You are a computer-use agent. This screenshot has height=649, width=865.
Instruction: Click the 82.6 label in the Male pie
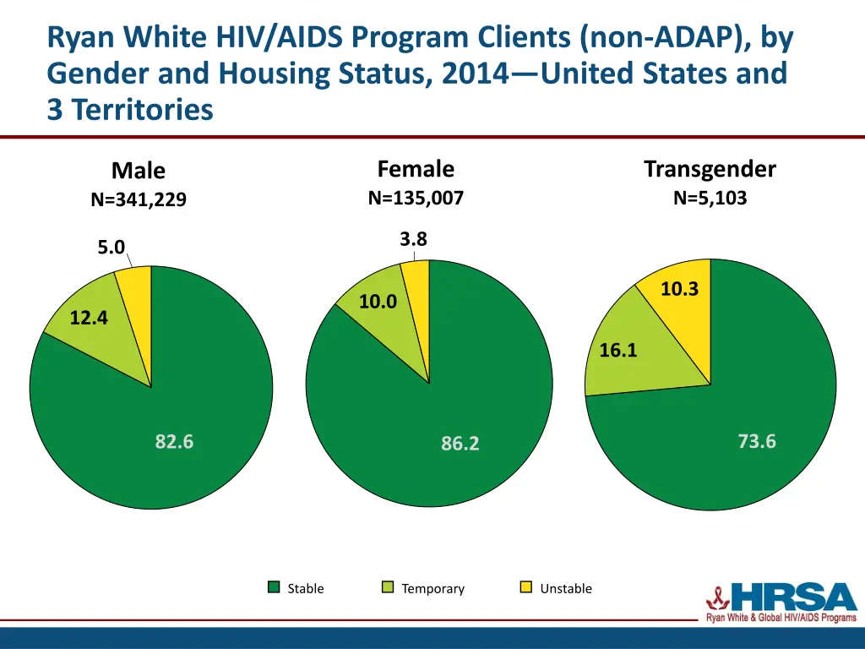coord(174,441)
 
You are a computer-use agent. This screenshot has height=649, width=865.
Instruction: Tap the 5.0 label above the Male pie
coord(111,247)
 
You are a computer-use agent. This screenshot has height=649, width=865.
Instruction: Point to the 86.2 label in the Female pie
coord(460,443)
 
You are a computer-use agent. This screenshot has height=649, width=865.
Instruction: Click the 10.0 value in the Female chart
coord(378,302)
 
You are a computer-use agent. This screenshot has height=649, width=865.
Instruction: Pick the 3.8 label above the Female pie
coord(413,239)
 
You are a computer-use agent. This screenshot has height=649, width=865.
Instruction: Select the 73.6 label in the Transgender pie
coord(756,441)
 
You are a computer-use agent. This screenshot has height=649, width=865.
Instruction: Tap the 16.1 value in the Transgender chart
coord(617,350)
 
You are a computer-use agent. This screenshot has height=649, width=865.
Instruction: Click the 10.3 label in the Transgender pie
coord(679,289)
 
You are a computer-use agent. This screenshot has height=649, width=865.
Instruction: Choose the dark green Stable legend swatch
coord(274,587)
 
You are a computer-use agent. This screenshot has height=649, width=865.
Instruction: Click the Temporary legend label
coord(432,589)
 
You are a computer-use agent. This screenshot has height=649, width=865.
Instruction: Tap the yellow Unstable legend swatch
coord(525,587)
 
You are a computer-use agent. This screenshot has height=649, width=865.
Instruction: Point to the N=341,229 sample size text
coord(139,200)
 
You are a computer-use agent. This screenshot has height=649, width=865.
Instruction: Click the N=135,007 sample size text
coord(416,199)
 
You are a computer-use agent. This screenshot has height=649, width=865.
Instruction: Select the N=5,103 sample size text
coord(710,199)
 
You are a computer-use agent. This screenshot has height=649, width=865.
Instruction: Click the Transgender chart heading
coord(710,169)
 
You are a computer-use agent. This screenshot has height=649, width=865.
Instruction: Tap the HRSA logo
coord(781,603)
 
